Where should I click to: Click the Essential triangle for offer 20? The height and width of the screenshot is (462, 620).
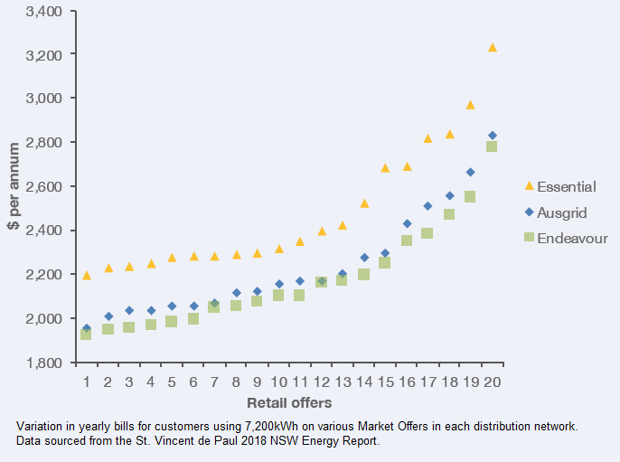tap(493, 47)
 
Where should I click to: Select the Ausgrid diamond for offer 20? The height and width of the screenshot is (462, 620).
tap(493, 136)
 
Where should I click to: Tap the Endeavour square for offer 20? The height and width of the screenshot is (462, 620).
tap(493, 146)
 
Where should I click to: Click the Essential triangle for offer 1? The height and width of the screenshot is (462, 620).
tap(87, 275)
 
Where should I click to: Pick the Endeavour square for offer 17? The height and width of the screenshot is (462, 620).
tap(427, 233)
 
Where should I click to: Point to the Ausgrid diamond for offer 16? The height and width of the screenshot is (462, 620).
tap(407, 223)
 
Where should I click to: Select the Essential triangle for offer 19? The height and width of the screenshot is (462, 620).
tap(471, 105)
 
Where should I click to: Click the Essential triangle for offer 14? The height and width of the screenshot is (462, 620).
tap(364, 203)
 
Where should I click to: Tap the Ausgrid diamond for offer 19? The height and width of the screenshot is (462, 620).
tap(471, 172)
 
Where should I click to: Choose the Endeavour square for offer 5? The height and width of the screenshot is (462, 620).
tap(172, 321)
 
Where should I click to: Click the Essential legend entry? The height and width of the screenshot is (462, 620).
tap(566, 187)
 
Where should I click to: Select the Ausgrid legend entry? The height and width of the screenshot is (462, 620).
tap(562, 213)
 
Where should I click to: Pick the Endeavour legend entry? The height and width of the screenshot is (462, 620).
tap(571, 239)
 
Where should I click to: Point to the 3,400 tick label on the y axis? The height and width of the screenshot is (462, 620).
tap(43, 12)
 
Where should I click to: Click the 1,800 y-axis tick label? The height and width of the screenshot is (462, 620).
tap(43, 363)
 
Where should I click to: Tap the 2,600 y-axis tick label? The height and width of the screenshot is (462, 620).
tap(43, 187)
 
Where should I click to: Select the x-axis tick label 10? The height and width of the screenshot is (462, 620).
tap(278, 382)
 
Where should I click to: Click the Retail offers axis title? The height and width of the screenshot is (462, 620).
tap(289, 402)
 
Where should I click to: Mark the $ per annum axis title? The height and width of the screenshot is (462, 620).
tap(14, 187)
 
